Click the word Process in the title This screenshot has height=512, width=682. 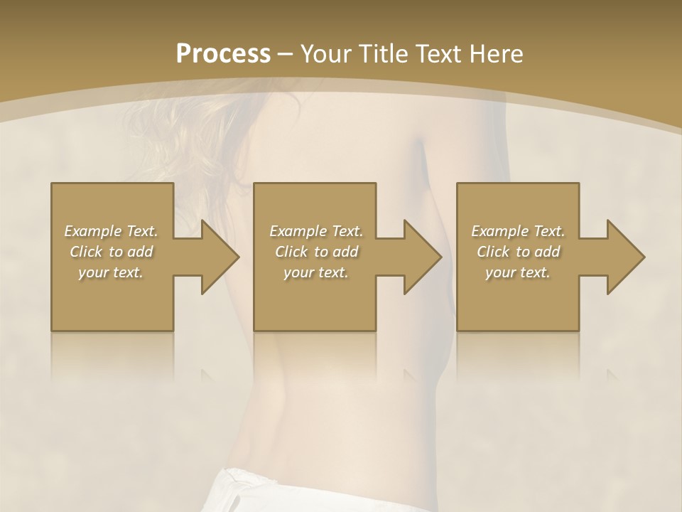(x=223, y=54)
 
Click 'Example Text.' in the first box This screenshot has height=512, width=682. (x=111, y=231)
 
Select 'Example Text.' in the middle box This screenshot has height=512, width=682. (x=316, y=231)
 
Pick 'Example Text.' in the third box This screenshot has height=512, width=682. (x=518, y=231)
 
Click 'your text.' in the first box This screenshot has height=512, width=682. (x=111, y=273)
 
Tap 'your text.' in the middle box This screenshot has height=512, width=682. (x=316, y=273)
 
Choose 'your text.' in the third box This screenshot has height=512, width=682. (x=518, y=273)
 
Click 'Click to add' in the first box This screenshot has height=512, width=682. (x=111, y=252)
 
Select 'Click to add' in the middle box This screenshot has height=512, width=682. (x=316, y=252)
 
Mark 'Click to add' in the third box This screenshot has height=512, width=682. (x=518, y=252)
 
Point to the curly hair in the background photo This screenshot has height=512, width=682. (x=178, y=135)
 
